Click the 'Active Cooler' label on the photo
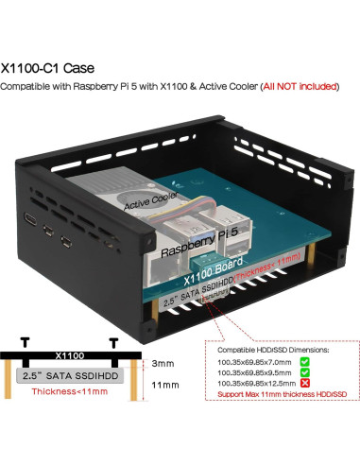pyautogui.click(x=150, y=201)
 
